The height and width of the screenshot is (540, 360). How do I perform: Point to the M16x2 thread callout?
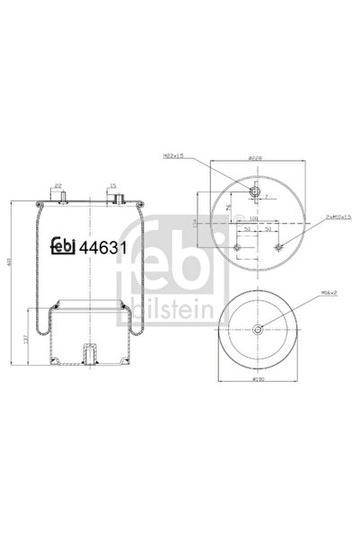(x=305, y=291)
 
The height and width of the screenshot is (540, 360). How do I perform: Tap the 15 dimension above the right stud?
(x=114, y=187)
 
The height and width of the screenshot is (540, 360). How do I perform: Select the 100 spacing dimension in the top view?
(x=253, y=218)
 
